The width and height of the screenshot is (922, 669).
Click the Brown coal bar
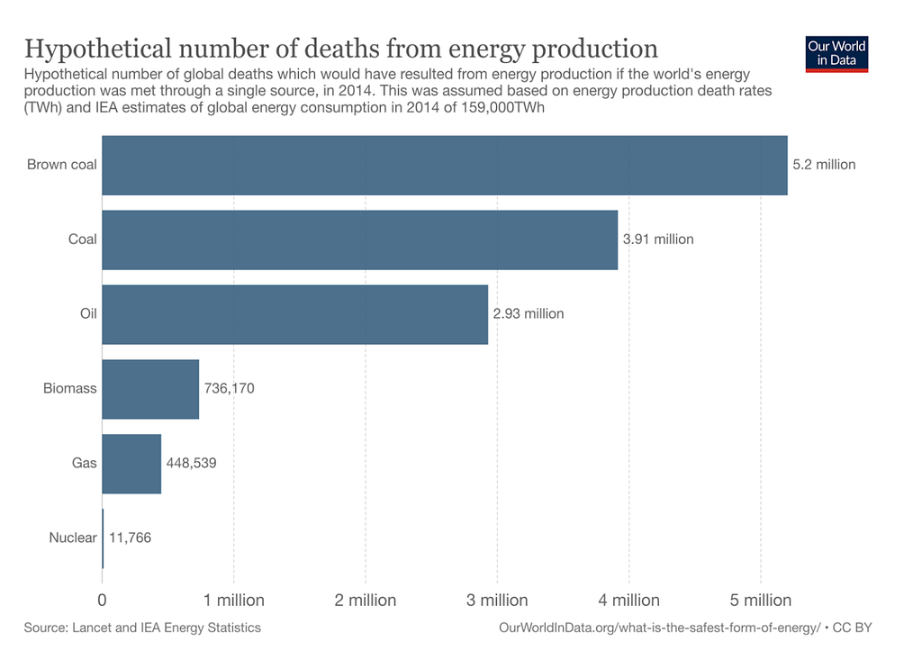point(445,165)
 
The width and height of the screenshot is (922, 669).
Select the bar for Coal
point(360,240)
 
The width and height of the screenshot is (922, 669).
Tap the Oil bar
point(294,314)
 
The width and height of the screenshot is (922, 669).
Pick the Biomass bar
point(150,389)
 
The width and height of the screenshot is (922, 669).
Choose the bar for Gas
point(131,464)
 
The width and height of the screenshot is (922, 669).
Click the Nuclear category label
point(73,538)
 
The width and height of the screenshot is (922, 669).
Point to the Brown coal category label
point(62,165)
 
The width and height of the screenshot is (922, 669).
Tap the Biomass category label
point(70,389)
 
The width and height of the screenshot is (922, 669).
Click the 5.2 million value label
point(824,165)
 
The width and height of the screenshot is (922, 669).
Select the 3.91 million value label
point(658,240)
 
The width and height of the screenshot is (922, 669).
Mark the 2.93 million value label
point(529,314)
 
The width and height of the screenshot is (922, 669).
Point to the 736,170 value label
point(230,389)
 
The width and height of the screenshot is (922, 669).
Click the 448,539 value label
point(192,464)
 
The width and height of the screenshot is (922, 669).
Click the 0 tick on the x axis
point(103,600)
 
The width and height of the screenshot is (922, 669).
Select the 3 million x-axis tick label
point(497,600)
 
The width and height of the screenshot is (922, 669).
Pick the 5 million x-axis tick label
point(761,600)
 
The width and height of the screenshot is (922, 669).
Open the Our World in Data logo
point(837,54)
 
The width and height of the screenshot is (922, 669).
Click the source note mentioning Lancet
point(142,628)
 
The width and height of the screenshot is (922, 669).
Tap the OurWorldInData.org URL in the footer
point(659,628)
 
